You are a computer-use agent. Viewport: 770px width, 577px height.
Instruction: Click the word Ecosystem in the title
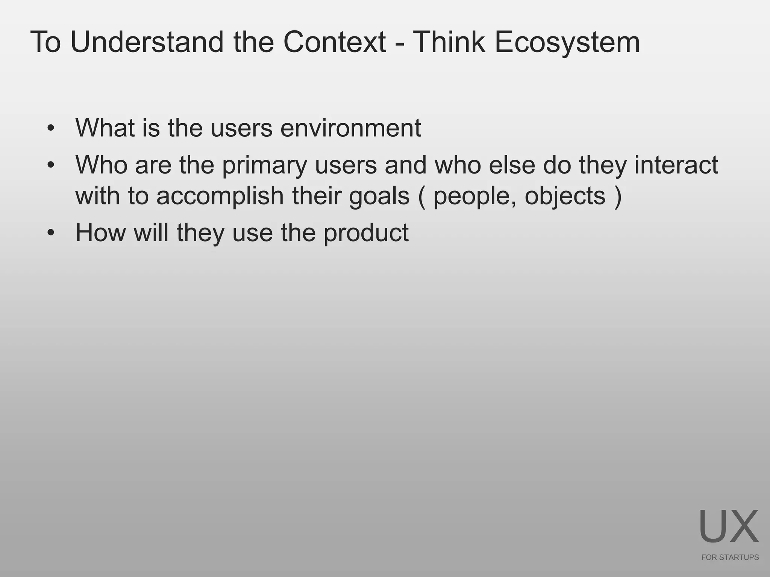click(567, 42)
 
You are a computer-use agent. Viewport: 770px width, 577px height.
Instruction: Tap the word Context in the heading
click(334, 42)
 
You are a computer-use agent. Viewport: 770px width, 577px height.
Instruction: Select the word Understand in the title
click(147, 42)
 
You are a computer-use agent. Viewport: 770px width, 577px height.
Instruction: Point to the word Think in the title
click(449, 42)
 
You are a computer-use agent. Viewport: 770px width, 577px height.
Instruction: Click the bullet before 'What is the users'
click(51, 129)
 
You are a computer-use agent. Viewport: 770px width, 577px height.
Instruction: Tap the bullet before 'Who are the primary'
click(51, 165)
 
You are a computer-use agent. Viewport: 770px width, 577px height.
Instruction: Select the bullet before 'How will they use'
click(51, 233)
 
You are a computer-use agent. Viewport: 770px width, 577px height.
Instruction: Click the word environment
click(350, 128)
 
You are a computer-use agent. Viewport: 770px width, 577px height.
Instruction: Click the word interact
click(676, 165)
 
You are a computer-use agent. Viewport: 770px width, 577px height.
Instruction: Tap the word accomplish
click(220, 196)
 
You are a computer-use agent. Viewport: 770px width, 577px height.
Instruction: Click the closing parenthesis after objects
click(617, 196)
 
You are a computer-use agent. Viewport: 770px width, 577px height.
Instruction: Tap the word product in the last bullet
click(365, 233)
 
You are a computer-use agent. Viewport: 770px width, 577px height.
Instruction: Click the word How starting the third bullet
click(100, 233)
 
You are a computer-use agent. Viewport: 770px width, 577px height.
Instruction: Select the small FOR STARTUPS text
click(730, 557)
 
